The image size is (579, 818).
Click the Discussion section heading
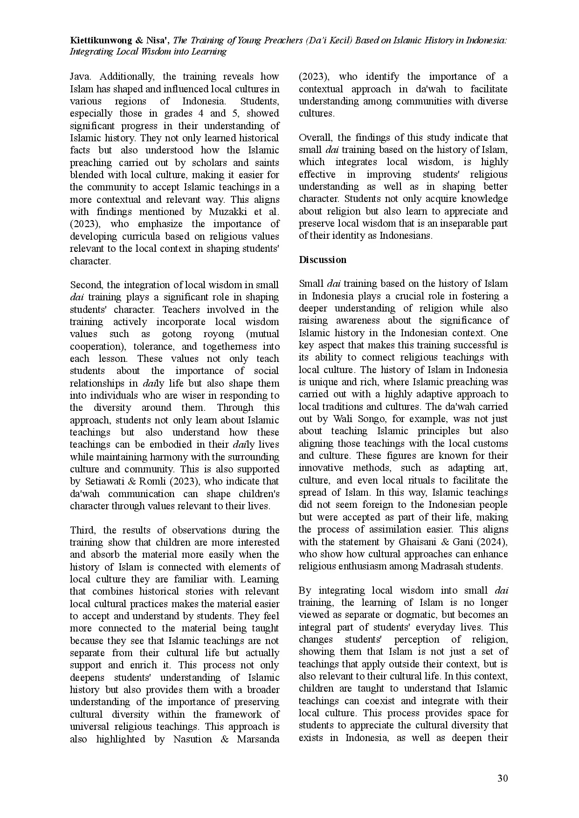point(323,260)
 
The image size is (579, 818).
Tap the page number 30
point(503,778)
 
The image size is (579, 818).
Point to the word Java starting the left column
point(80,76)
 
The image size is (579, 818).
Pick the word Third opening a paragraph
point(82,530)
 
